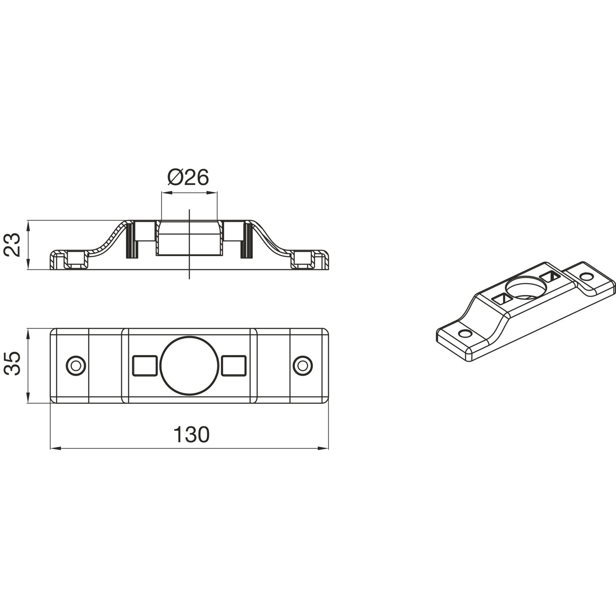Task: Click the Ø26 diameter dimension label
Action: (188, 178)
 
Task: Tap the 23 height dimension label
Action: (14, 245)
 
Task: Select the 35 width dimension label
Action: (14, 363)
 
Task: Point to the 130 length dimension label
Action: (191, 434)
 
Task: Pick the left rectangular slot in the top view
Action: (145, 365)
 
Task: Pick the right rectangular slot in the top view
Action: (234, 365)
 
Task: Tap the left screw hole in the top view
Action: (76, 365)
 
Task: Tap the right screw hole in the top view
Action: (303, 365)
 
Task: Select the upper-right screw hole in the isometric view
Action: (587, 276)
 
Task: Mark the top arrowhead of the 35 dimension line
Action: (28, 334)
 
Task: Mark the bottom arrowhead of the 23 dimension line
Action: (28, 264)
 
